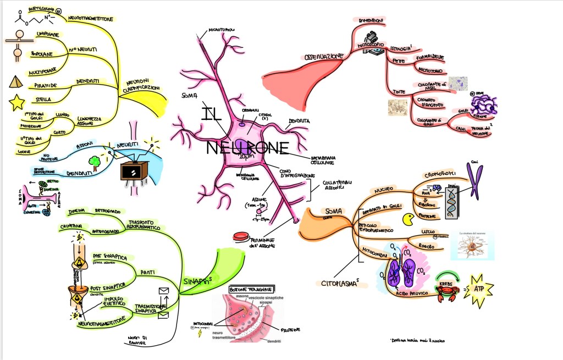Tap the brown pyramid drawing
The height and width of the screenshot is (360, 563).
16,82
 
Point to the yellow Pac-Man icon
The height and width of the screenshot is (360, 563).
409,220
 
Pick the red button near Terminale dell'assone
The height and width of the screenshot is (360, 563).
241,237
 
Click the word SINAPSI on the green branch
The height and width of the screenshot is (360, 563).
194,281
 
